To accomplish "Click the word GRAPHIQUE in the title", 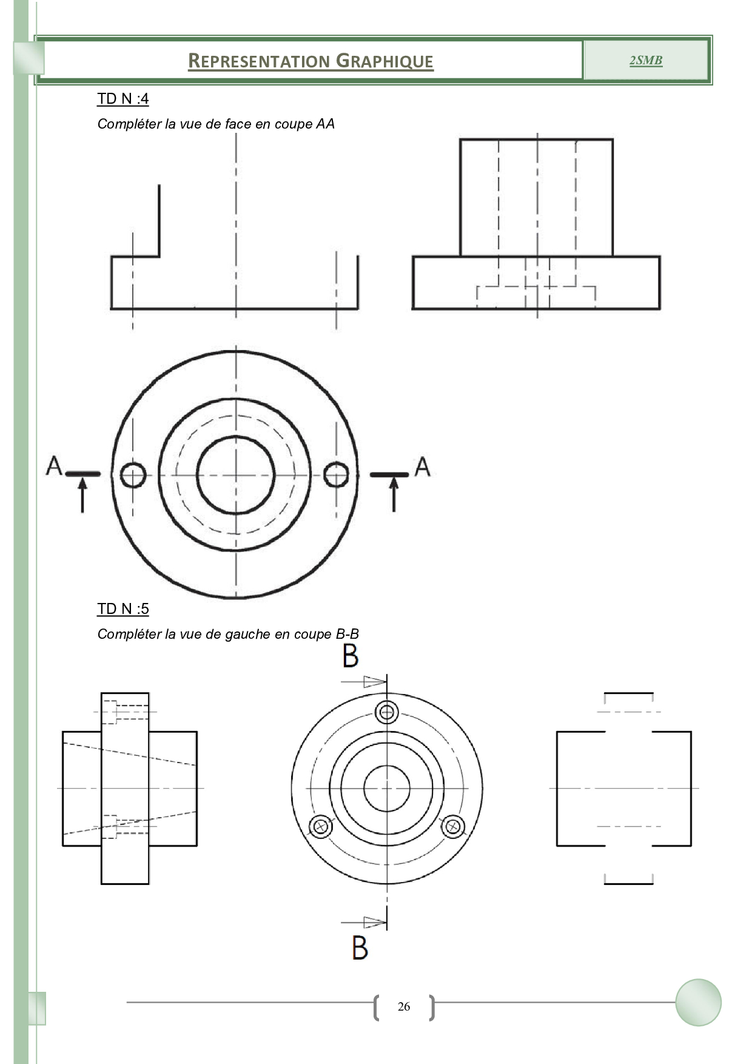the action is click(384, 61).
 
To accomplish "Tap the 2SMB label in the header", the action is click(646, 60).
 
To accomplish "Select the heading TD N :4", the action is click(123, 99).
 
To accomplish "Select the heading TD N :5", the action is click(123, 609).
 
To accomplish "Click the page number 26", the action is click(404, 1006).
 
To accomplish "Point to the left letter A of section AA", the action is click(54, 465).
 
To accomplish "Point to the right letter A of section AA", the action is click(423, 466).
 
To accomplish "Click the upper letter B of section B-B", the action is click(351, 656).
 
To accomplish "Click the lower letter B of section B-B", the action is click(360, 947).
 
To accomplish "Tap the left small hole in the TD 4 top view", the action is click(133, 475).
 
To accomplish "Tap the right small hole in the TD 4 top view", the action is click(336, 474).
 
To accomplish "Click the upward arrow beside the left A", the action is click(82, 494).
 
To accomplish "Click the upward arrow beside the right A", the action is click(394, 494).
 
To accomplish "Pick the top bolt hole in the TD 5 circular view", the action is click(387, 712).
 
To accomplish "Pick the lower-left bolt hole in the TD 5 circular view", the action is click(321, 826).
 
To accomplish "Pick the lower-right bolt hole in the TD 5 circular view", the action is click(453, 826).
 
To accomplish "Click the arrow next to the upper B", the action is click(364, 682).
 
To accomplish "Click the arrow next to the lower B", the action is click(364, 923).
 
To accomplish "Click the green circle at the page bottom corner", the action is click(699, 1002).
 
